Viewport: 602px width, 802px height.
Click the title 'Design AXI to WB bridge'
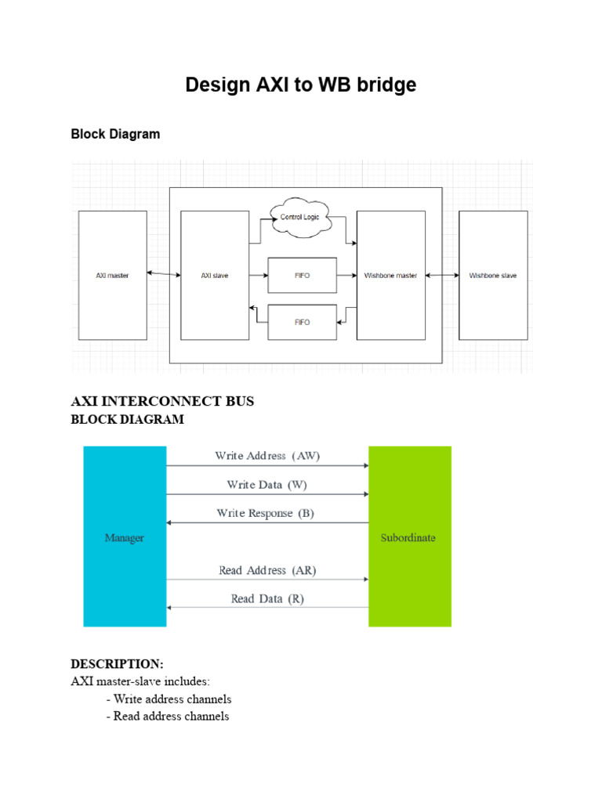tap(300, 85)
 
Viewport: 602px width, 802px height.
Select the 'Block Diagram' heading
tap(115, 134)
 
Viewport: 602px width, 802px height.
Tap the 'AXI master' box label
tap(112, 276)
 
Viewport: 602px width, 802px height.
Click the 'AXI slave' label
tap(215, 276)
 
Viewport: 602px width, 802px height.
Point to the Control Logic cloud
tap(299, 218)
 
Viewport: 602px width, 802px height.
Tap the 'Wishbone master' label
tap(390, 276)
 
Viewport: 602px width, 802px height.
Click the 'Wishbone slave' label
tap(493, 276)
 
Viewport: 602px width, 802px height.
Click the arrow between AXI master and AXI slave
tap(164, 274)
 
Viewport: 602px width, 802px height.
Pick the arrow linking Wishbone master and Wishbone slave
tap(442, 275)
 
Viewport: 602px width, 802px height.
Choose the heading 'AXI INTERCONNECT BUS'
tap(162, 401)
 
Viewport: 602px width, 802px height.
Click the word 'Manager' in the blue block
tap(125, 538)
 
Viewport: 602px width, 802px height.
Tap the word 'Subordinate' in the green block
tap(408, 537)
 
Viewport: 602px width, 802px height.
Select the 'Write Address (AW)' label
tap(267, 456)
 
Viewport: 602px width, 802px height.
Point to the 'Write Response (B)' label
tap(265, 513)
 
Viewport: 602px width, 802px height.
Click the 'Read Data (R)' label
tap(267, 599)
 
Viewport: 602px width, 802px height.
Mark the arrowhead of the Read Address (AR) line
tap(366, 580)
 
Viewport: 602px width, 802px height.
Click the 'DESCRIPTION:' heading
tap(118, 664)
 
